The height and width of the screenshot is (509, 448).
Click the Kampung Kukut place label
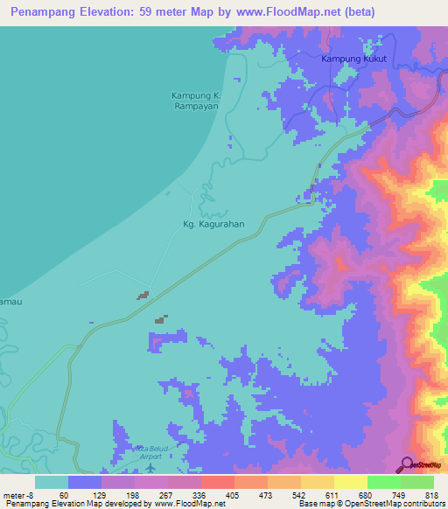point(353,59)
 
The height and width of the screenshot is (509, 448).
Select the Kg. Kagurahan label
point(213,224)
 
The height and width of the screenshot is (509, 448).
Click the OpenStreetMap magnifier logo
point(407,464)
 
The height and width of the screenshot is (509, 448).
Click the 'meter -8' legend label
point(19,494)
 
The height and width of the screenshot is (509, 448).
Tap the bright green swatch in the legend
point(383,482)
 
